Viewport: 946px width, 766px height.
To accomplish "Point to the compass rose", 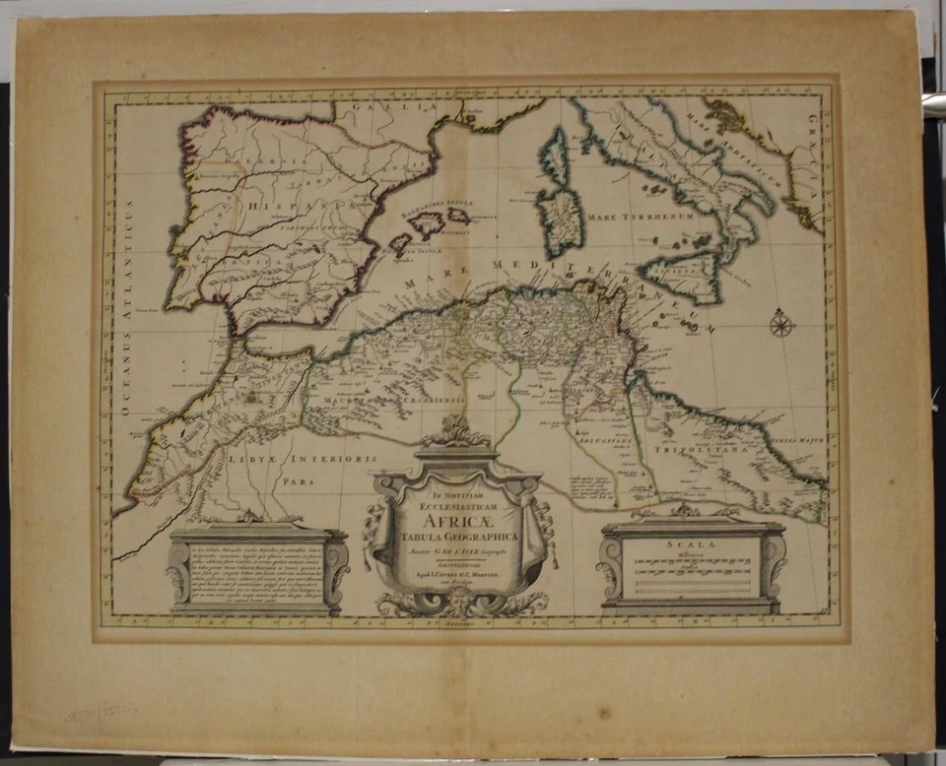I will coord(781,323).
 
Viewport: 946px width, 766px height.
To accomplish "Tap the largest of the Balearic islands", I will coord(428,224).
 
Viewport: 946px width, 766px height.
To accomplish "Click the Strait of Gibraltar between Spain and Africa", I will coord(242,341).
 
